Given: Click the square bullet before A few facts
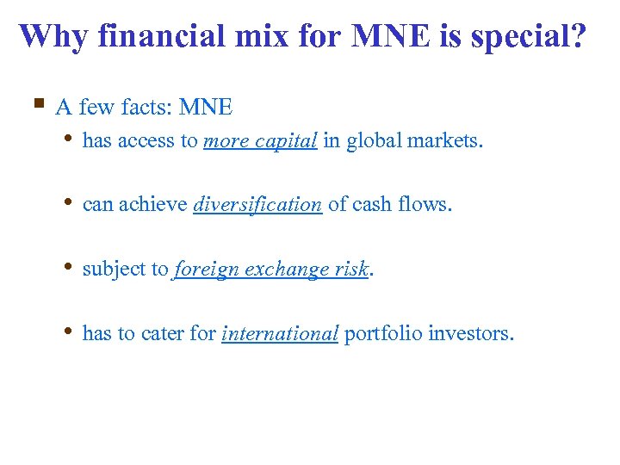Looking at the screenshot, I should (x=38, y=105).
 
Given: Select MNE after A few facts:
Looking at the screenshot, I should (x=206, y=107).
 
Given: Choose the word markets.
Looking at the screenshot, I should (x=445, y=141).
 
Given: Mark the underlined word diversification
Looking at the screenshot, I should (x=257, y=205).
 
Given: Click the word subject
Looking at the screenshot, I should (x=115, y=270).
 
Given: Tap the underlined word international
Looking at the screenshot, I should (x=280, y=334).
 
